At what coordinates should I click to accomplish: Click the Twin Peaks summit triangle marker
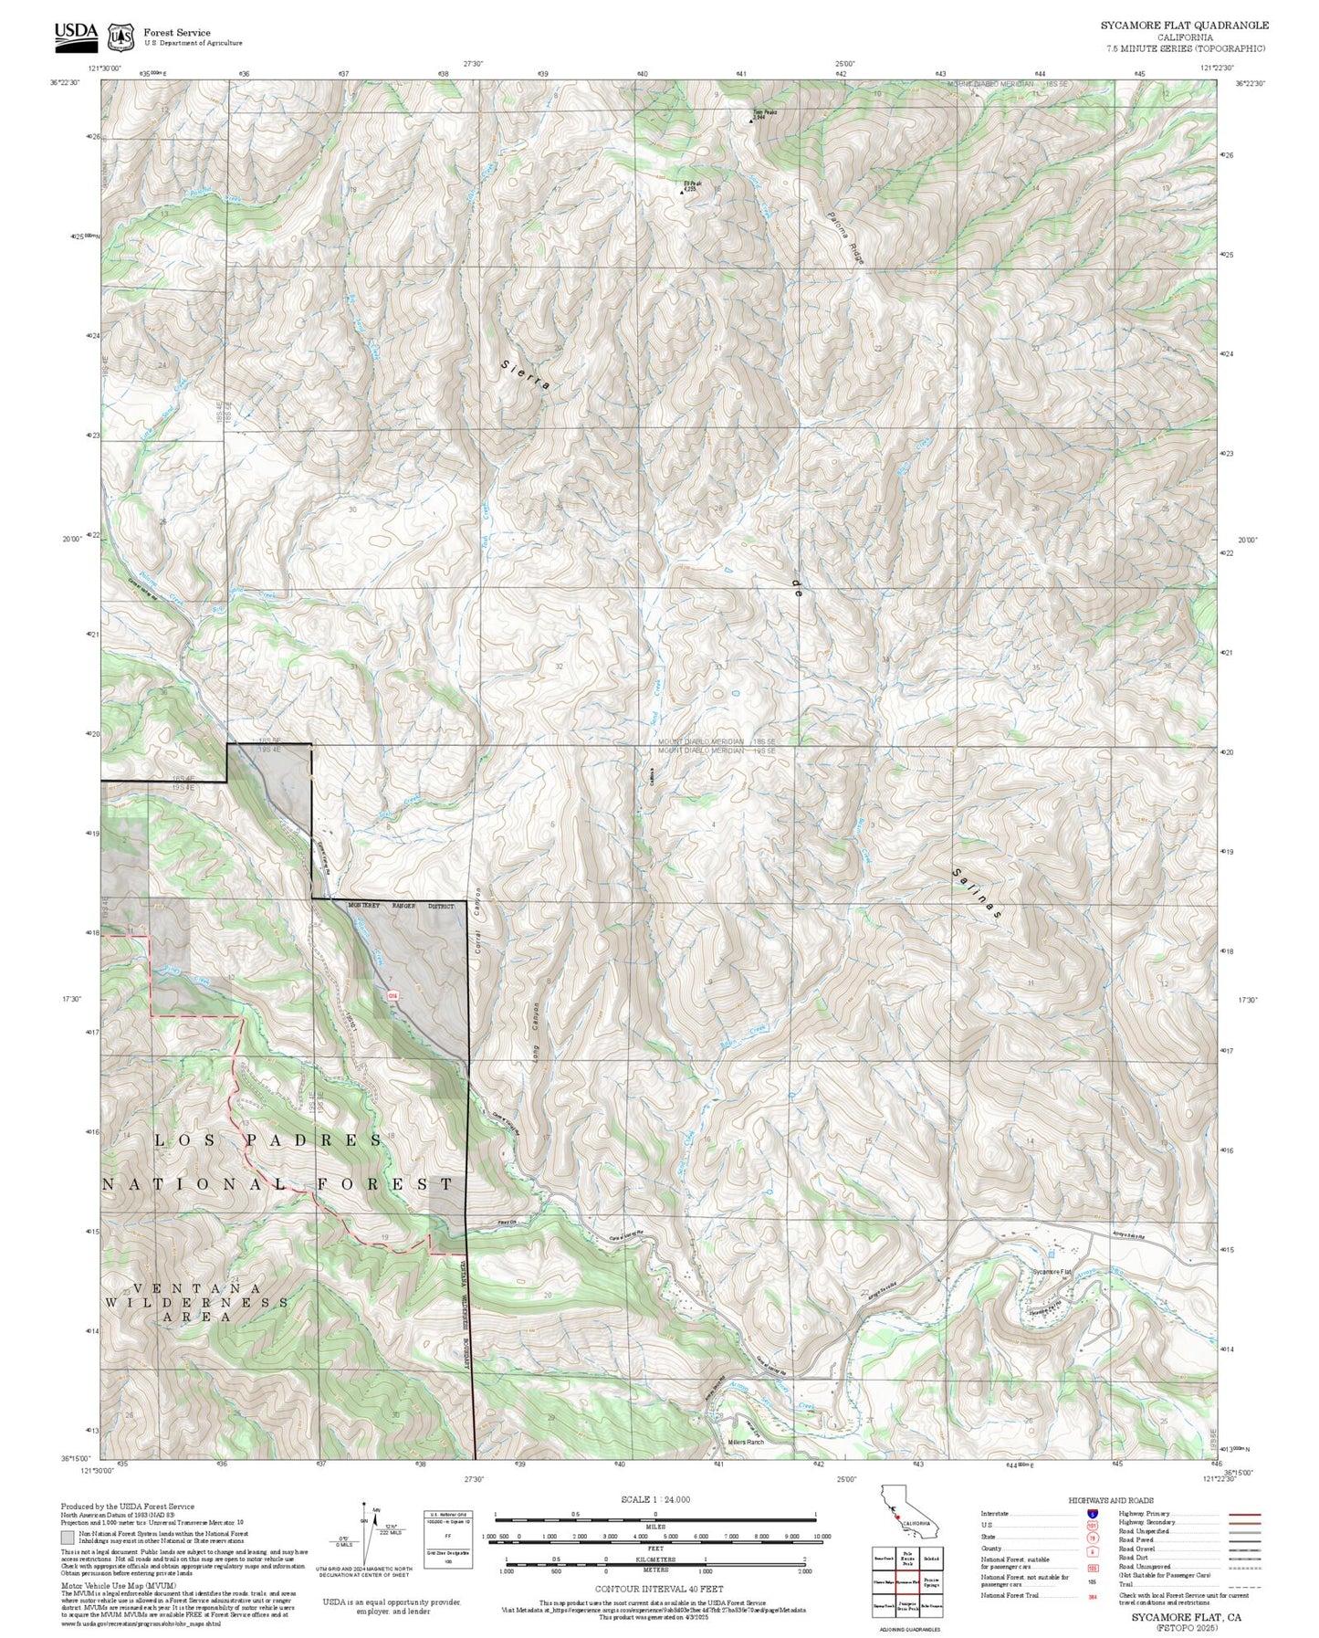(x=751, y=121)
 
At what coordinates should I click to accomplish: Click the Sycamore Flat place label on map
(x=1052, y=1272)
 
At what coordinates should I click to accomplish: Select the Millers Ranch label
(x=746, y=1443)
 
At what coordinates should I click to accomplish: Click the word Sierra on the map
(x=527, y=375)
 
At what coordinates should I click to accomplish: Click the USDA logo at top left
(x=76, y=34)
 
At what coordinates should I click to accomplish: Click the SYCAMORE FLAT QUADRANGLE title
(x=1184, y=25)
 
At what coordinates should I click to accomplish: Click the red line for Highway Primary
(x=1243, y=1514)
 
